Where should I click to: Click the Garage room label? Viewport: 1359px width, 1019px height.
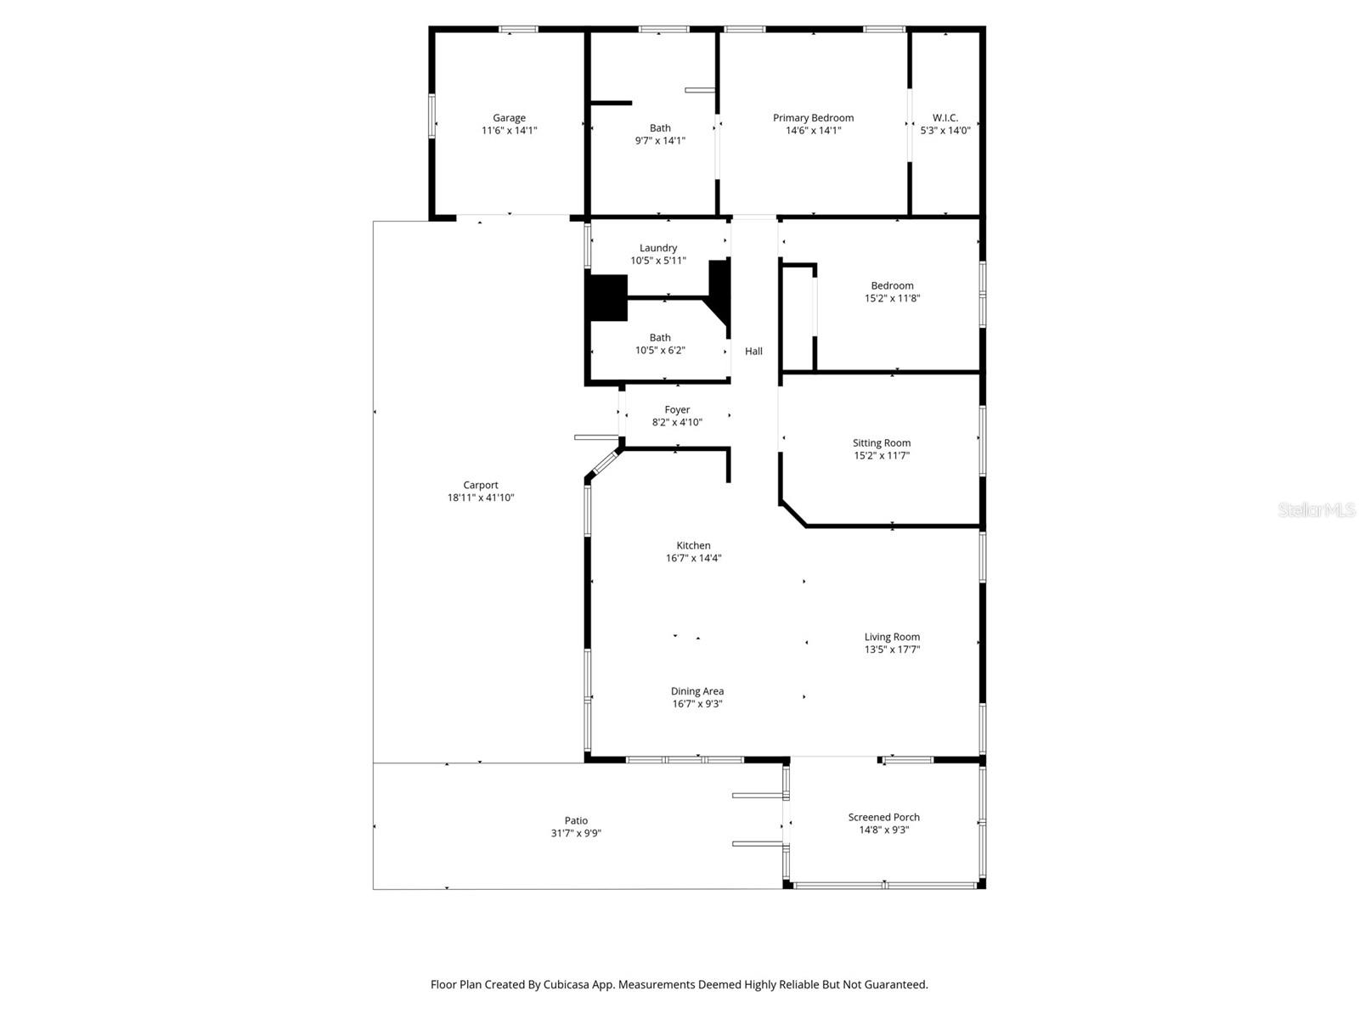(x=509, y=118)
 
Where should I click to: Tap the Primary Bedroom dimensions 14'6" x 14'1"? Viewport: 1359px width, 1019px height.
(x=813, y=131)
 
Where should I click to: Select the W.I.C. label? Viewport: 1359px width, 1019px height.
(x=945, y=118)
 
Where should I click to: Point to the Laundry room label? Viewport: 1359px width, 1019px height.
(x=658, y=248)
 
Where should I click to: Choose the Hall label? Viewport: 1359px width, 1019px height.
(x=753, y=351)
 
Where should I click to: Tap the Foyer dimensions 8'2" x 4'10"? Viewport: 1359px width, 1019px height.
(x=677, y=422)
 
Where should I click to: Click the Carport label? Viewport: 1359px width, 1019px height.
(x=481, y=485)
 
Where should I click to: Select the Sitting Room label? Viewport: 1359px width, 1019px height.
(x=882, y=442)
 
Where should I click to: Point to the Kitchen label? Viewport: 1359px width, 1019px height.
(x=693, y=545)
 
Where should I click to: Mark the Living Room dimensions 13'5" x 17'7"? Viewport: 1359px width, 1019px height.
(x=892, y=650)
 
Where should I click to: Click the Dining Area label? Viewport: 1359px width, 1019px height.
(x=697, y=691)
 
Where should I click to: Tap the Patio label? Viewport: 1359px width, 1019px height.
(x=576, y=820)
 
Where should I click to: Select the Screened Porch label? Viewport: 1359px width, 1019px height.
(x=883, y=817)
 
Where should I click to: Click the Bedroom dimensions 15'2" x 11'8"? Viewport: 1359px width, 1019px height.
(x=892, y=298)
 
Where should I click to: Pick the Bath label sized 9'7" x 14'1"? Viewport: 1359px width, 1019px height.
(x=660, y=128)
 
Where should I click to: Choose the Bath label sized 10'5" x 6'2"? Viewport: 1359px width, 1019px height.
(x=660, y=337)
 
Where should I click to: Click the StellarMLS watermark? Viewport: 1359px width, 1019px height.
(x=1317, y=509)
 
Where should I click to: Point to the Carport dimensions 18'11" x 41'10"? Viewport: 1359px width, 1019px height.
(x=481, y=498)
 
